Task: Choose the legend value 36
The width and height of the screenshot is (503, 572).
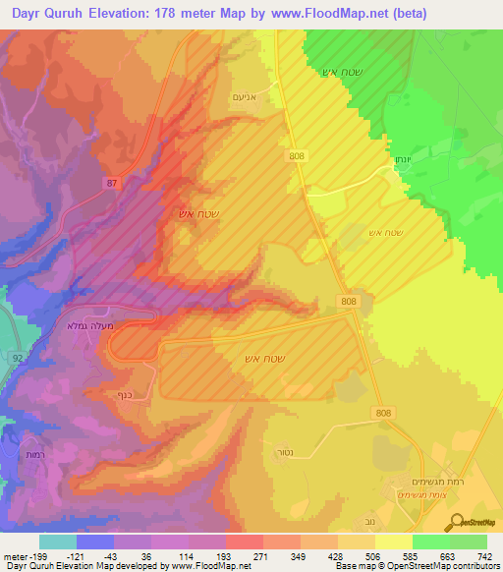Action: (x=145, y=556)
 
